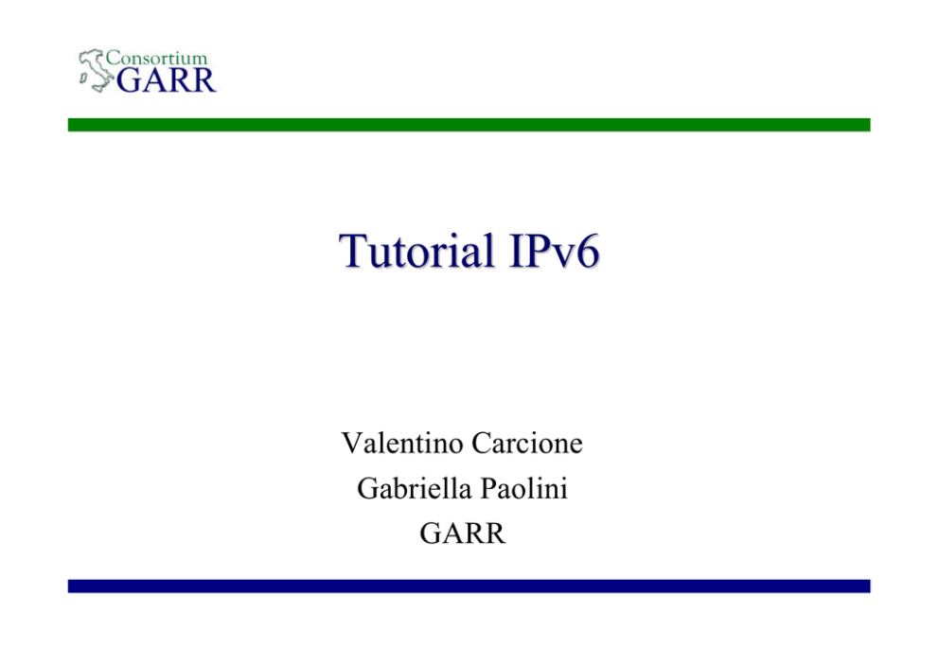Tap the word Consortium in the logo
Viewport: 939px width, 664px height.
click(x=156, y=58)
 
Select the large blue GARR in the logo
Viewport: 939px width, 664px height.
click(x=166, y=80)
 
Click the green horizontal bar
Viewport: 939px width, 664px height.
click(x=469, y=125)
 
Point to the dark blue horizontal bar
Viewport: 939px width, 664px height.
click(x=469, y=585)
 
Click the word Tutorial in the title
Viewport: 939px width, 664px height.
click(x=416, y=250)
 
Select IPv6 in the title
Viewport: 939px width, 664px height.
click(x=554, y=250)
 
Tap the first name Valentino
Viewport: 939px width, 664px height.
click(x=402, y=444)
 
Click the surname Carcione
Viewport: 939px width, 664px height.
click(x=527, y=444)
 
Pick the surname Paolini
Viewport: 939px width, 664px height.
click(x=524, y=488)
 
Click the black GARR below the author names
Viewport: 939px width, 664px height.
click(x=462, y=533)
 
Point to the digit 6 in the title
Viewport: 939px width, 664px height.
click(x=588, y=252)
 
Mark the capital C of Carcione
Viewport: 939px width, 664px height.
click(x=481, y=444)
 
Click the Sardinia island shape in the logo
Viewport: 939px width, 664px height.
click(x=84, y=78)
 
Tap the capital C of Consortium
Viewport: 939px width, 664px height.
click(x=113, y=58)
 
